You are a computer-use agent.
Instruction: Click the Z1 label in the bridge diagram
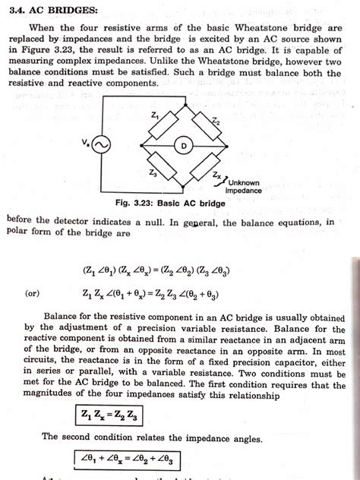point(155,115)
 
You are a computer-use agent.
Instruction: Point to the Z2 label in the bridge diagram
point(215,122)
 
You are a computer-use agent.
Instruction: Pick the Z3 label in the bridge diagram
point(153,173)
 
